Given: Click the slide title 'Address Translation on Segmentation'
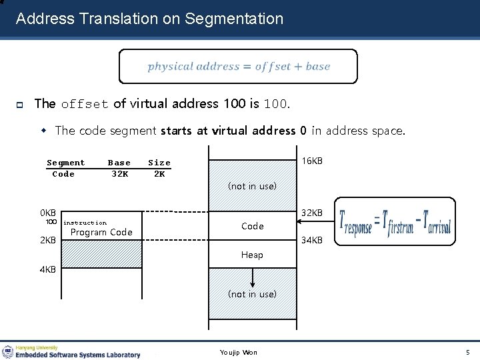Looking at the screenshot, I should click(149, 19).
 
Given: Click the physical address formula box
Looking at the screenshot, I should click(238, 67).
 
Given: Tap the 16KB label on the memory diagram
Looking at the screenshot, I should click(312, 161).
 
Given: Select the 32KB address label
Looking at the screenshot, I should click(312, 213).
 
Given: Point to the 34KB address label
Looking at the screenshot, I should click(312, 240).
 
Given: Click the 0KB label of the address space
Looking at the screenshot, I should click(48, 213).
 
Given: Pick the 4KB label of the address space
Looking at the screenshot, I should click(48, 270).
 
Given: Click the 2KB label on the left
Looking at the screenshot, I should click(48, 240).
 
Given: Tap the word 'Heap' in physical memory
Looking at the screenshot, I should click(252, 255).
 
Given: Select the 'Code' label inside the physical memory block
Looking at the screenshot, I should click(252, 226).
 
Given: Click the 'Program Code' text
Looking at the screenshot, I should click(101, 232).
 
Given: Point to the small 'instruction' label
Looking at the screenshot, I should click(85, 223).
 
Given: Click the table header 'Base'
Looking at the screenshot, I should click(119, 163).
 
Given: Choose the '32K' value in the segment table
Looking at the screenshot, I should click(120, 174).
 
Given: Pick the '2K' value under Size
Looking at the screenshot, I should click(159, 174).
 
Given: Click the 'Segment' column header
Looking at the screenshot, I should click(66, 163).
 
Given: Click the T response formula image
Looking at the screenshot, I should click(395, 224).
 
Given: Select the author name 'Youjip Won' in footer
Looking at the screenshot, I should click(238, 352).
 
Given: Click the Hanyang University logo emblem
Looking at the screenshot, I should click(7, 351).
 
